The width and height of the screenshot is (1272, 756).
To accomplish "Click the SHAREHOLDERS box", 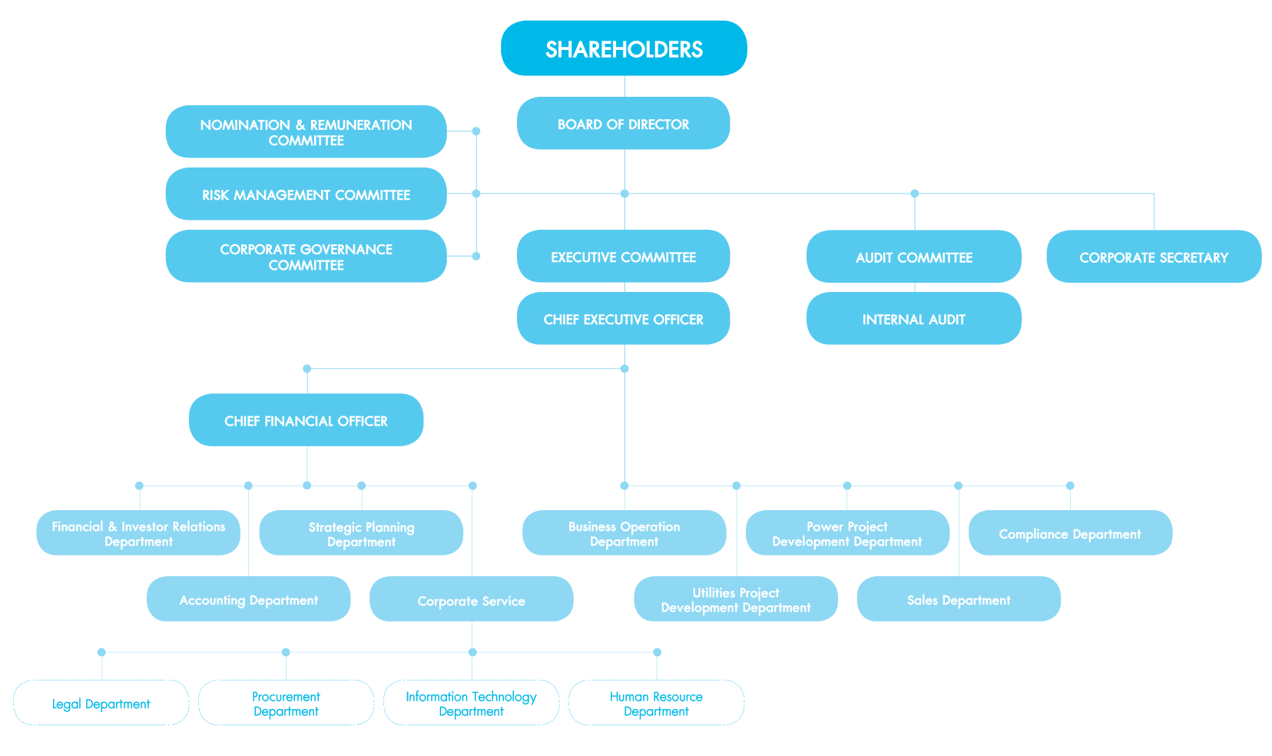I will click(x=624, y=48).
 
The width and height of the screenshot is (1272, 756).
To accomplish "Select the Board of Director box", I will click(x=623, y=124).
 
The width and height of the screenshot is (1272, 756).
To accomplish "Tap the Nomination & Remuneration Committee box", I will click(x=306, y=132).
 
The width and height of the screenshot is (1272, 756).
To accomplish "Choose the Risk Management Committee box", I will click(x=306, y=194).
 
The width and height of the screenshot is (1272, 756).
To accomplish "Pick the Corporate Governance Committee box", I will click(x=306, y=257).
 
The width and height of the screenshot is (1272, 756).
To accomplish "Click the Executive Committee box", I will click(x=623, y=257).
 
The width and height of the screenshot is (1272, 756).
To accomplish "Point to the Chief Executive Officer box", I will click(x=623, y=319).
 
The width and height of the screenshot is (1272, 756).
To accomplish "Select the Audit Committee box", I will click(x=914, y=257).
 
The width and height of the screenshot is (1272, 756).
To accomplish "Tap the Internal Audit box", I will click(x=914, y=319).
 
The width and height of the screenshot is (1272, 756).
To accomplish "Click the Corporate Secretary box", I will click(x=1154, y=257).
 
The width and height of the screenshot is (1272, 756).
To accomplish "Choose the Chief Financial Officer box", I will click(x=306, y=420).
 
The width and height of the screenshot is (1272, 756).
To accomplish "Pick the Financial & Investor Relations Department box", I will click(x=138, y=533).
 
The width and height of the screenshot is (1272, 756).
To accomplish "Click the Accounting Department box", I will click(x=248, y=599).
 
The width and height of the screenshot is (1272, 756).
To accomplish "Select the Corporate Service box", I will click(x=471, y=600).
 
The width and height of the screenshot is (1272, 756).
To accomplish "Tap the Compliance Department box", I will click(x=1070, y=533).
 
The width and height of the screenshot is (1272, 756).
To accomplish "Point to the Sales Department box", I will click(x=959, y=599).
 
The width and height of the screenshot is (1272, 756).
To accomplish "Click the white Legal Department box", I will click(x=101, y=703).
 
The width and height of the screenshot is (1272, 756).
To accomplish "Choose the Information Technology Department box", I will click(x=471, y=703).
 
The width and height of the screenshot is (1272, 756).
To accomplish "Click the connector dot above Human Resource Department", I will click(x=657, y=652).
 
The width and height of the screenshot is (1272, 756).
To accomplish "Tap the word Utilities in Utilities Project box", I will click(x=714, y=592).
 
